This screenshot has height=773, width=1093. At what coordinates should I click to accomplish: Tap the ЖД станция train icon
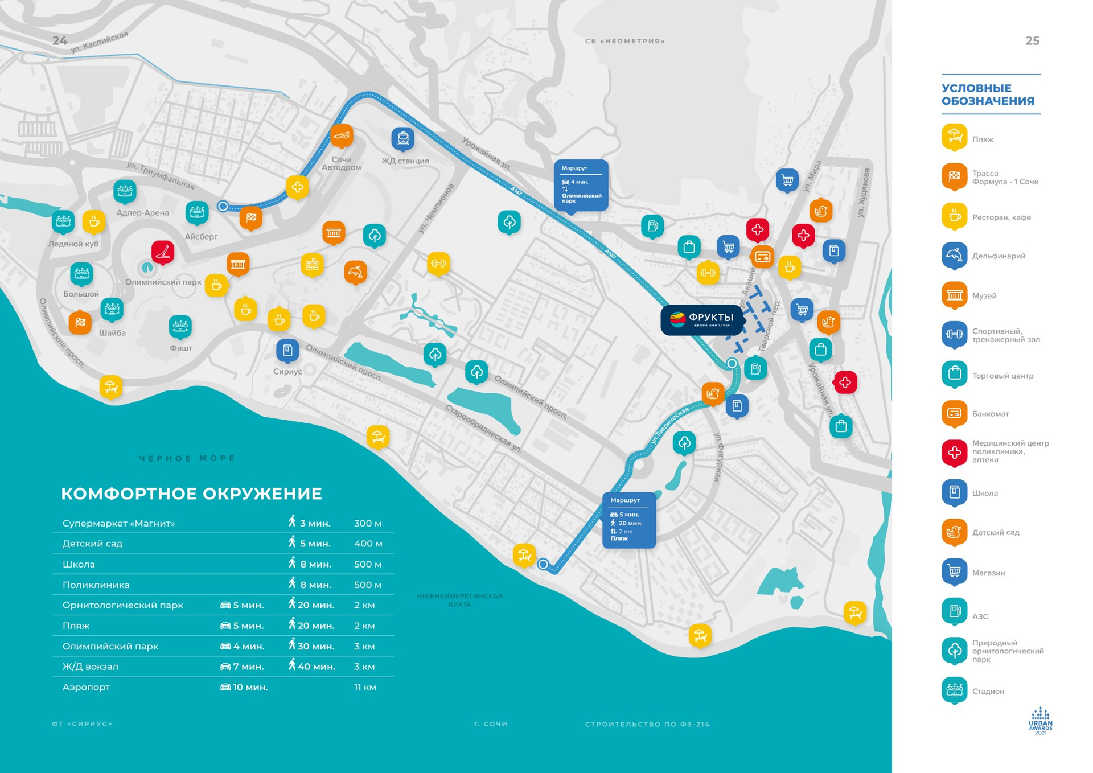[402, 139]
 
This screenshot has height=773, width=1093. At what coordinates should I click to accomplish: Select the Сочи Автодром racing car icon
[342, 136]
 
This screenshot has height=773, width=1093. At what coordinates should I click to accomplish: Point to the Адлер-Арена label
[142, 213]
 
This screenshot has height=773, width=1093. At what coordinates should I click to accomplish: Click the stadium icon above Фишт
[180, 326]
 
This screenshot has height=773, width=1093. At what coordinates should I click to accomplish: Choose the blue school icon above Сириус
[287, 350]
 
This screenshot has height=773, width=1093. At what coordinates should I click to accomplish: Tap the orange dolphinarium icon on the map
[355, 272]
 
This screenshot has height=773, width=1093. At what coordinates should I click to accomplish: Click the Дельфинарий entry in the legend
[999, 256]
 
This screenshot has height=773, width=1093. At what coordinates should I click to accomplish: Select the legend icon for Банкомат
[954, 413]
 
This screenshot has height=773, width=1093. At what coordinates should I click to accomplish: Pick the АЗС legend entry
[980, 616]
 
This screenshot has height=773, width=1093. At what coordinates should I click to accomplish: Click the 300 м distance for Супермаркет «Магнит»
[367, 523]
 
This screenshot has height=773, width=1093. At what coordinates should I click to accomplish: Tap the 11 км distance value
[365, 687]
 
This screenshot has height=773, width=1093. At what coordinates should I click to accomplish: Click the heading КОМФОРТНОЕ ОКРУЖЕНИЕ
[191, 494]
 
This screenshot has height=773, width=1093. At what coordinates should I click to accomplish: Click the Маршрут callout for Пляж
[628, 520]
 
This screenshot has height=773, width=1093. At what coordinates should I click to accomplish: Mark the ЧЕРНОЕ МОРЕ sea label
[187, 458]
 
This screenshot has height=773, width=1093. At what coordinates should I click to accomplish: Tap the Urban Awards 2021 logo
[1040, 721]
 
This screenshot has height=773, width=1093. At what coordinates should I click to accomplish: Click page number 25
[1032, 41]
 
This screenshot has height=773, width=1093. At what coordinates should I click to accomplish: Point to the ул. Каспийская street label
[99, 43]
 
